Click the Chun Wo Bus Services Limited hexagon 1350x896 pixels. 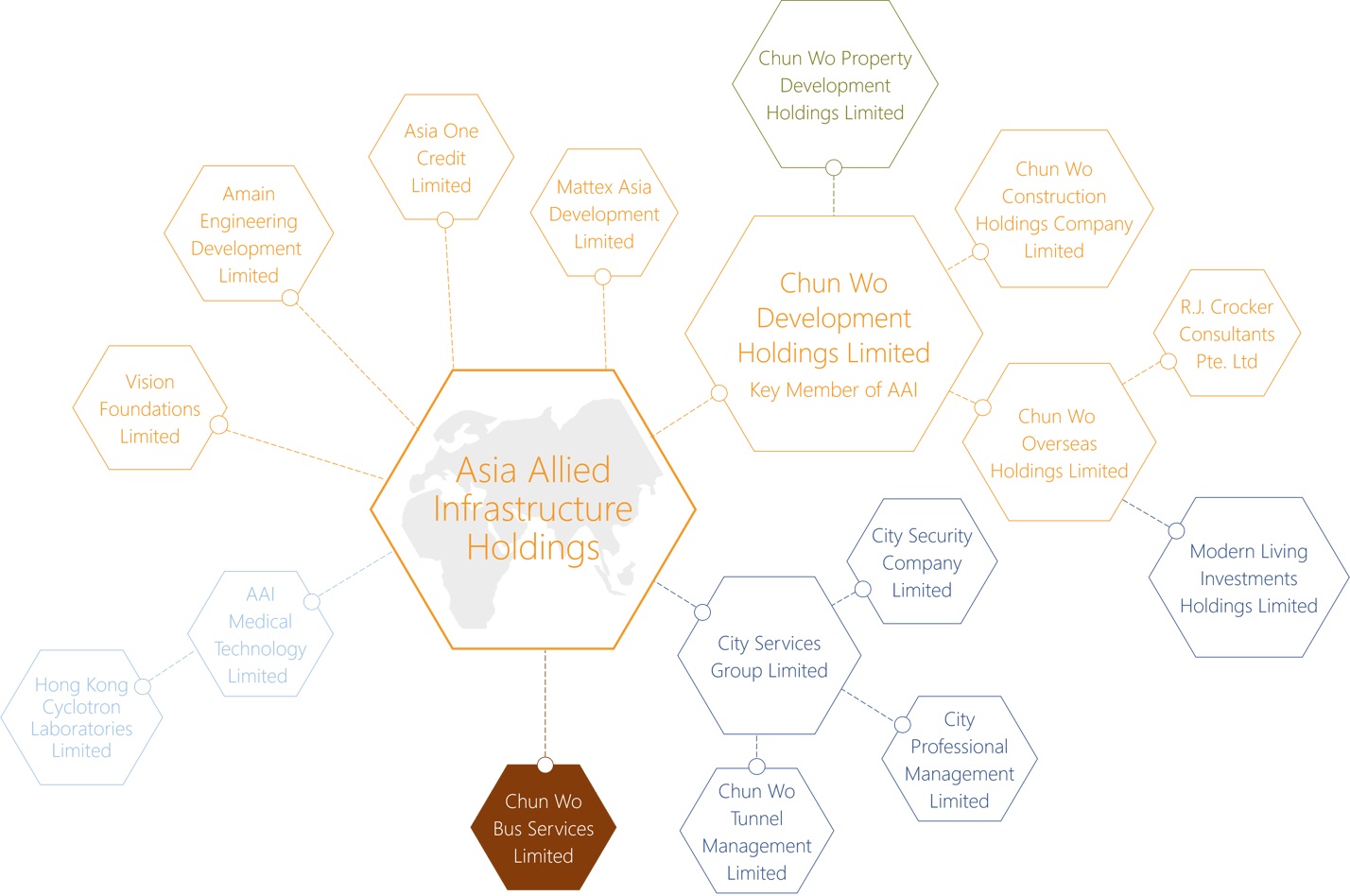click(544, 827)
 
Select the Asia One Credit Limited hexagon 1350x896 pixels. click(441, 157)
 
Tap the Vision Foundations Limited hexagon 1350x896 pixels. click(150, 407)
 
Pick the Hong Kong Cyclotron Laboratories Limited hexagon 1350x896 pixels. click(82, 717)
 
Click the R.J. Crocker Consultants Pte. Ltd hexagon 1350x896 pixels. click(1227, 334)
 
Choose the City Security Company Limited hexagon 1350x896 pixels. click(922, 561)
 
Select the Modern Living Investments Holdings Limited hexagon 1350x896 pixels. click(1249, 577)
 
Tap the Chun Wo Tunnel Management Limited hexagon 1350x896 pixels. click(756, 831)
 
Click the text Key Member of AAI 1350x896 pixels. click(834, 389)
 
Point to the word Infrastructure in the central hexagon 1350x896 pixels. click(533, 508)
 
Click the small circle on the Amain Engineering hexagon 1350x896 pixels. click(290, 298)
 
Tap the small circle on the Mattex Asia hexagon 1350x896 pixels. click(603, 277)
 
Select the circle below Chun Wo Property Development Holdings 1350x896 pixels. click(834, 167)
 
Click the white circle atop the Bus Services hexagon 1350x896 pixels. click(545, 766)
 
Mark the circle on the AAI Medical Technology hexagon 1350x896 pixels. click(312, 601)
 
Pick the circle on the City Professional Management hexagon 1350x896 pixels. click(902, 724)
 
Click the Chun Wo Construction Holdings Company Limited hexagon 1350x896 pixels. click(1054, 209)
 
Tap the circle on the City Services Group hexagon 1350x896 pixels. click(702, 612)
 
